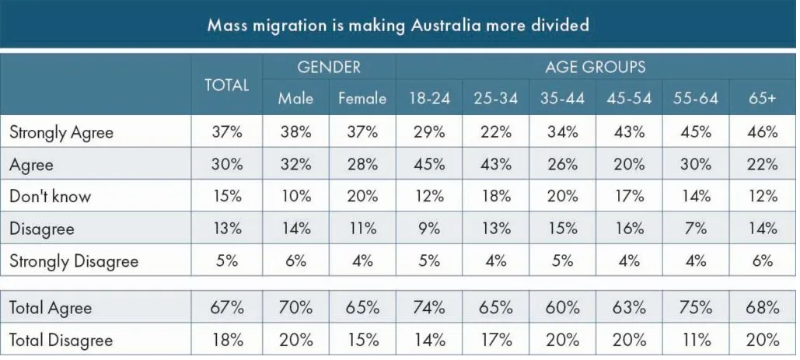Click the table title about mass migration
(398, 25)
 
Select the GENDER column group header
(329, 67)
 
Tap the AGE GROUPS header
(595, 67)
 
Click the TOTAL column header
(226, 86)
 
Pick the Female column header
(362, 99)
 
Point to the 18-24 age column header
(428, 99)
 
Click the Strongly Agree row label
(61, 132)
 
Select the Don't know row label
(50, 197)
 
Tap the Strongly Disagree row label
(74, 261)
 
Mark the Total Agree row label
(51, 308)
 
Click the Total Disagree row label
(61, 341)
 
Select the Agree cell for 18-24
(428, 165)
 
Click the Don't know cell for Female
(362, 197)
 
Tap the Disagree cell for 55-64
(695, 229)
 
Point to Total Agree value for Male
(295, 308)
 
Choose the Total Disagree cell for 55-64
(695, 341)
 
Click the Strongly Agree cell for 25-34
(495, 132)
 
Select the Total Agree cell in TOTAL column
(226, 308)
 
